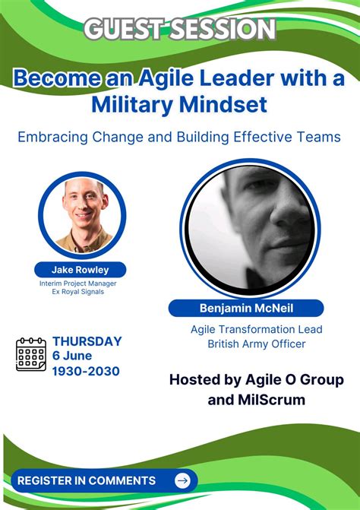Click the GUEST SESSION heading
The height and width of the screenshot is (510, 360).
tap(179, 29)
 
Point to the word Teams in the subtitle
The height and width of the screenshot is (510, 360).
tap(316, 138)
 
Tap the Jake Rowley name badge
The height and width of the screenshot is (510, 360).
tap(80, 269)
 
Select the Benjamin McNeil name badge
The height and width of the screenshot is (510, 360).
tap(245, 308)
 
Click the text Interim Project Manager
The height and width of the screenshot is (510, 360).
tap(80, 283)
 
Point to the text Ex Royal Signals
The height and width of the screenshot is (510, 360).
tap(80, 291)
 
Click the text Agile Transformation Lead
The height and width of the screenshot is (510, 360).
tap(257, 329)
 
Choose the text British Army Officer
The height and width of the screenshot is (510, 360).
tap(257, 344)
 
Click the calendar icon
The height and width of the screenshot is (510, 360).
tap(31, 355)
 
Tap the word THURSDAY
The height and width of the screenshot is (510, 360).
tap(87, 341)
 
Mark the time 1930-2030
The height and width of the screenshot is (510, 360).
tap(86, 372)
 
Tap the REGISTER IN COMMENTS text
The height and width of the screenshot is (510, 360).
tap(87, 480)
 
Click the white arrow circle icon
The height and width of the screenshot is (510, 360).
tap(182, 480)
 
